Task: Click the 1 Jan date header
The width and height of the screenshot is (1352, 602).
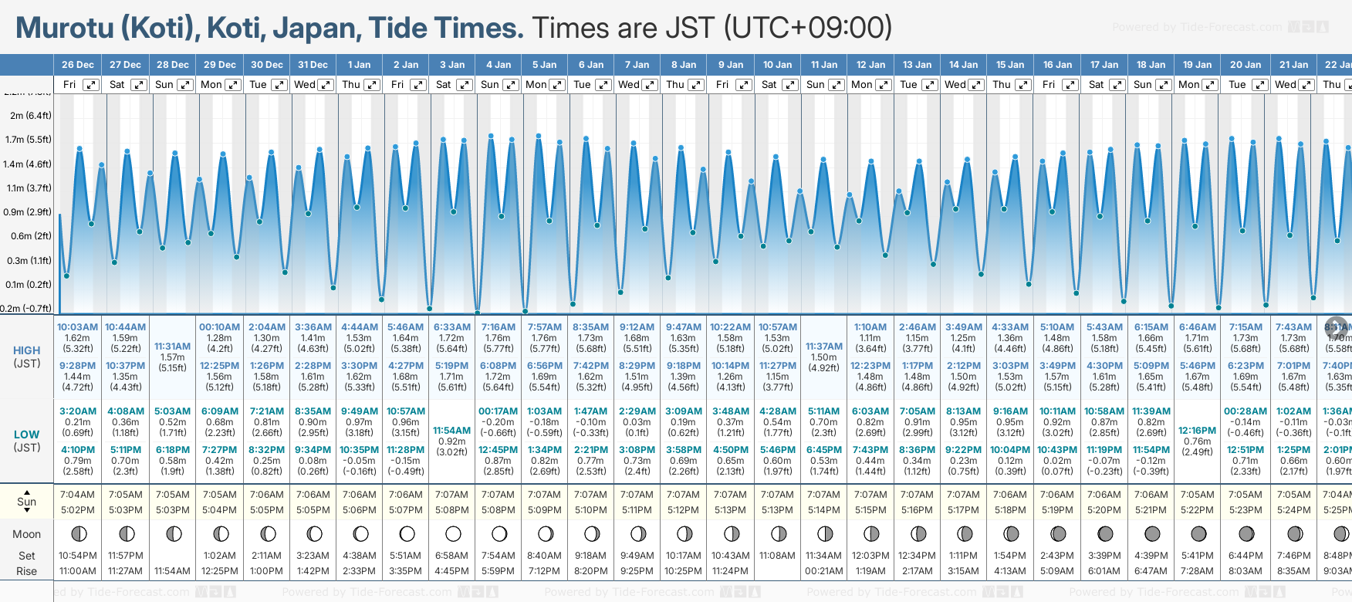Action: click(359, 65)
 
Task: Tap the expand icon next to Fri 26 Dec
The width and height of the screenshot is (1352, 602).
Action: click(91, 85)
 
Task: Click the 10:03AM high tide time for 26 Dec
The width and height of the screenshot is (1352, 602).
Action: click(78, 327)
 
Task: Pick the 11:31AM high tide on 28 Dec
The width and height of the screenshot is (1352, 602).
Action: click(172, 347)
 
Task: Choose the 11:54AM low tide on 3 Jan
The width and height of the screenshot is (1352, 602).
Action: click(451, 431)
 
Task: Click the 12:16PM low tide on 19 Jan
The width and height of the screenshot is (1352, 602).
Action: click(1197, 431)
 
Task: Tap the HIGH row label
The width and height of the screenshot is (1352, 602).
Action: click(27, 350)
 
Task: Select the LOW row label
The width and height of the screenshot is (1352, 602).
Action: click(27, 435)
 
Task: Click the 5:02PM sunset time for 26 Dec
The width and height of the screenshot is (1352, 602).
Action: click(78, 510)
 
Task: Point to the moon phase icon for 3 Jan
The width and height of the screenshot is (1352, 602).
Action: click(453, 534)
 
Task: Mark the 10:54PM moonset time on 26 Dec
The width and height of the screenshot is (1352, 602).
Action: click(78, 556)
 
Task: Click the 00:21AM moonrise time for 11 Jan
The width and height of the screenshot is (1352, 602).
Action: click(824, 571)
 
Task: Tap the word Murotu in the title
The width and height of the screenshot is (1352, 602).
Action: click(65, 29)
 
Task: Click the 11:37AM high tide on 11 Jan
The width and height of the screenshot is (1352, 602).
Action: click(824, 347)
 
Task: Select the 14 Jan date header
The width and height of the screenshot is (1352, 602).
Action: click(964, 65)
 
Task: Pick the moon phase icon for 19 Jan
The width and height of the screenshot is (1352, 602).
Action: click(1198, 534)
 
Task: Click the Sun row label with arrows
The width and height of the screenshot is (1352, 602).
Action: click(27, 502)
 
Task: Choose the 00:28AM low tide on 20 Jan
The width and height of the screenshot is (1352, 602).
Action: click(1245, 411)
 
